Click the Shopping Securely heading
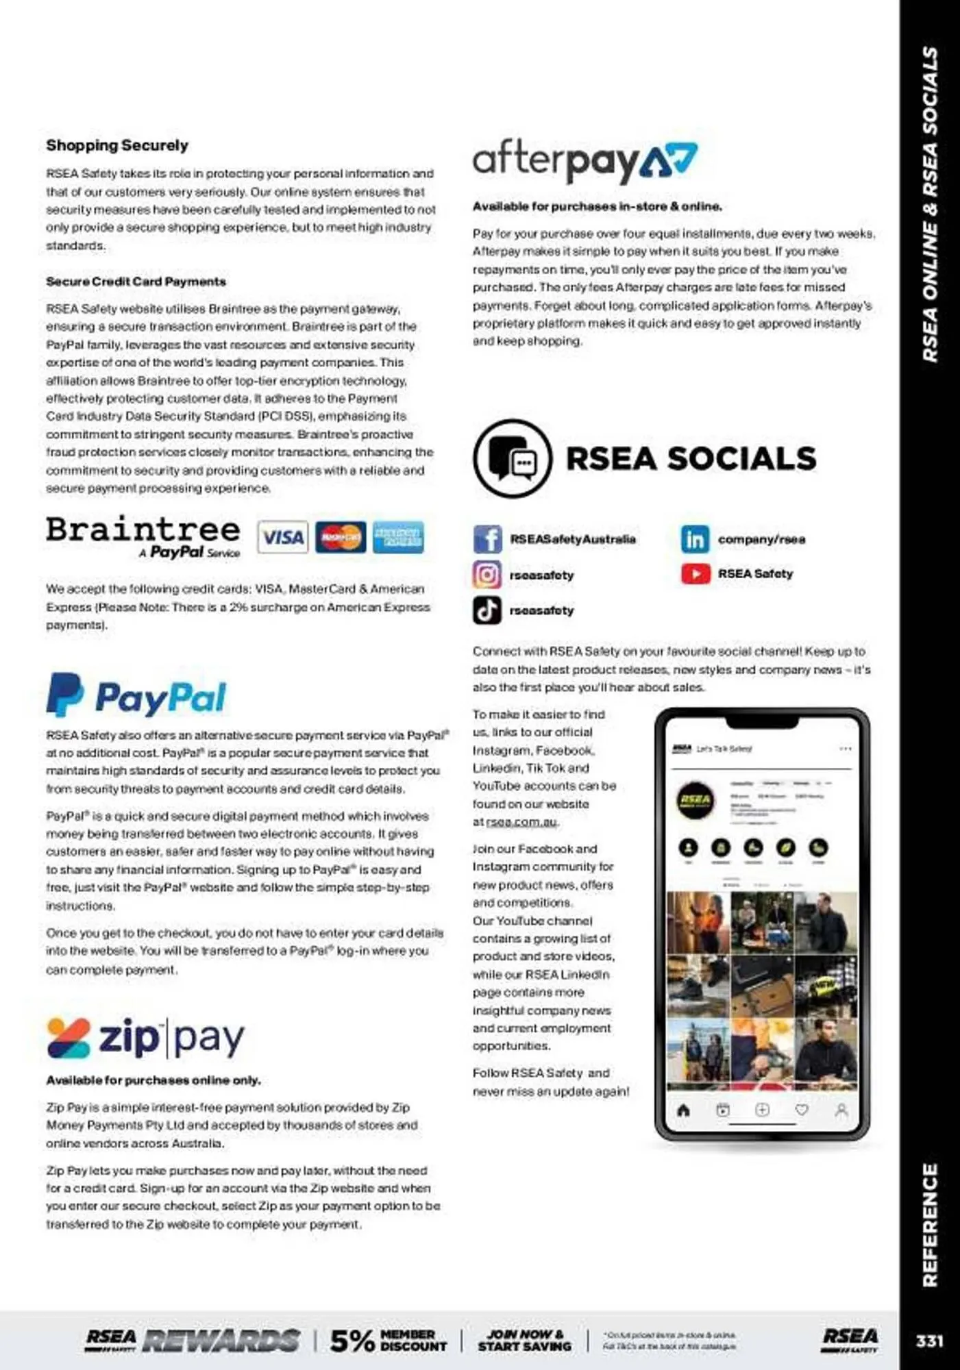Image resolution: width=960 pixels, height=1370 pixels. coord(117,145)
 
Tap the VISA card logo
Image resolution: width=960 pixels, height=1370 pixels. coord(282,537)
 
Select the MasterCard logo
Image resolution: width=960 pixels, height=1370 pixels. coord(341,537)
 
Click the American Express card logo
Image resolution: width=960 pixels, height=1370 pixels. coord(398,537)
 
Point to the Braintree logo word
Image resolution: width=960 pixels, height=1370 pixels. coord(143,530)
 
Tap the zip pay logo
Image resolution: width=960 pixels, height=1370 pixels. coord(145,1038)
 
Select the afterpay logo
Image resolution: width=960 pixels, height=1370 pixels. coord(584,161)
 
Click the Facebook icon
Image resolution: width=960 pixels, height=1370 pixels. coord(487,539)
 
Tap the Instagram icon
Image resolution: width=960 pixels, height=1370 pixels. coord(487,574)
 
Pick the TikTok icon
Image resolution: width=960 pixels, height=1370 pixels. coord(487,610)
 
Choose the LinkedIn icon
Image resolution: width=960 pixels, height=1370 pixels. coord(694,539)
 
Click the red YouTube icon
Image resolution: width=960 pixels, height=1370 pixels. coord(695,573)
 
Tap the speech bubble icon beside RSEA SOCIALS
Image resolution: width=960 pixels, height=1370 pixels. coord(513,458)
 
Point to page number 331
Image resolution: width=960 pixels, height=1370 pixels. coord(929,1341)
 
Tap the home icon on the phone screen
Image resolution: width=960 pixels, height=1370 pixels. coord(683,1110)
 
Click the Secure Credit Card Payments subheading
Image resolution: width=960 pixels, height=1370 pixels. coord(136,282)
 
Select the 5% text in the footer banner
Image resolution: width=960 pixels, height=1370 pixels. coord(352,1341)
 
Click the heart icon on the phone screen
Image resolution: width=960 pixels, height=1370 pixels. coord(802,1110)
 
